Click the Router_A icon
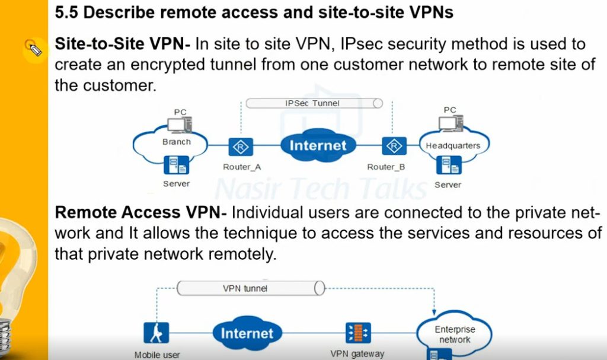click(241, 146)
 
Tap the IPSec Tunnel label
click(312, 103)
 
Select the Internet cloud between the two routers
click(318, 145)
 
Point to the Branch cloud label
click(177, 142)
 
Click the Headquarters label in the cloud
click(453, 145)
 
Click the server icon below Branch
click(176, 164)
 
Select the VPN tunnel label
click(245, 288)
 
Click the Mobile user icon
click(156, 333)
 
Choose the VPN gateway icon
click(358, 333)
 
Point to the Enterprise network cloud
click(455, 335)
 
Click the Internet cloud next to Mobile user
click(247, 333)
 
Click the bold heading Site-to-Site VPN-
click(122, 44)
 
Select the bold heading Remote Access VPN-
click(140, 213)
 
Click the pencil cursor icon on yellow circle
click(35, 49)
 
